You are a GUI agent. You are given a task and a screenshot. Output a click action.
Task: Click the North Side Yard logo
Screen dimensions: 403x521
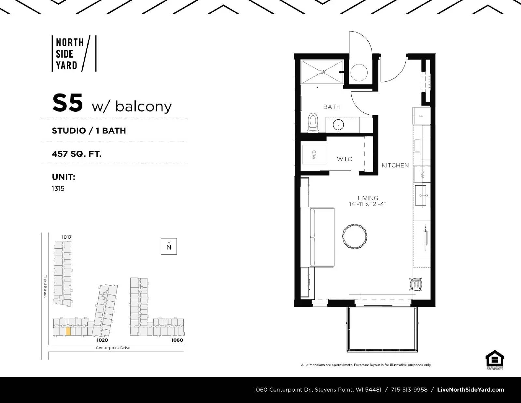(x=74, y=54)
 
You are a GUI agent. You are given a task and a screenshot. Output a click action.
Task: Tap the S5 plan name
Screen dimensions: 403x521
(x=67, y=103)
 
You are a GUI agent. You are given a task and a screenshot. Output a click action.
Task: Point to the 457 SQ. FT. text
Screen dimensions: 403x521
(x=77, y=153)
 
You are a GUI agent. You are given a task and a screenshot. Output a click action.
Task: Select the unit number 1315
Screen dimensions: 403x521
(x=58, y=189)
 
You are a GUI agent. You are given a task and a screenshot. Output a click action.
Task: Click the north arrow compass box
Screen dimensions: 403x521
(x=169, y=247)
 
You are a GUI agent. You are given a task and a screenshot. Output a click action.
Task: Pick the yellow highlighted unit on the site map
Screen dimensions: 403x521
(x=68, y=331)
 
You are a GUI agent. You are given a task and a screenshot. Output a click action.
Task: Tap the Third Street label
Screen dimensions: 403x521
(x=45, y=286)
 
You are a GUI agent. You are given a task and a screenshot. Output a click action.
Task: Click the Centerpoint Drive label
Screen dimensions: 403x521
(x=113, y=348)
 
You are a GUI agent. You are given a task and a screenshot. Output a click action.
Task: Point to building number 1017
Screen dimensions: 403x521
(x=66, y=237)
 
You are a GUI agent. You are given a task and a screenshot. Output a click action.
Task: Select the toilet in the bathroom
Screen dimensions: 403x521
(x=313, y=122)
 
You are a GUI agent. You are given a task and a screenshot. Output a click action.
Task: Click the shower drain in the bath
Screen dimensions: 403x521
(x=322, y=72)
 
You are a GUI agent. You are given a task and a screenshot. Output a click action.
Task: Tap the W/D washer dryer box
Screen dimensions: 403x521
(x=314, y=154)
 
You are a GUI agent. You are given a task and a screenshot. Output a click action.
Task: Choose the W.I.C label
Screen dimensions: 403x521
(x=344, y=159)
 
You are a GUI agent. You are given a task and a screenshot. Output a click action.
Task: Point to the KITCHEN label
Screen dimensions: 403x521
(x=395, y=165)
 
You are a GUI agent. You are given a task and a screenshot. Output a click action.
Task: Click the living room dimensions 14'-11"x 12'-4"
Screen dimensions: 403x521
(x=368, y=204)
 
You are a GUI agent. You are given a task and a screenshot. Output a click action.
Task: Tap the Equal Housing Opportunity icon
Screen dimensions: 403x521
(x=495, y=359)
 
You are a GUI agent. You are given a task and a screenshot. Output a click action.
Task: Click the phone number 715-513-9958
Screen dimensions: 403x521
(x=409, y=390)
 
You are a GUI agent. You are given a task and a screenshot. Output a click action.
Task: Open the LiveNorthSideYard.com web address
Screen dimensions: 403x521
(x=471, y=390)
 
